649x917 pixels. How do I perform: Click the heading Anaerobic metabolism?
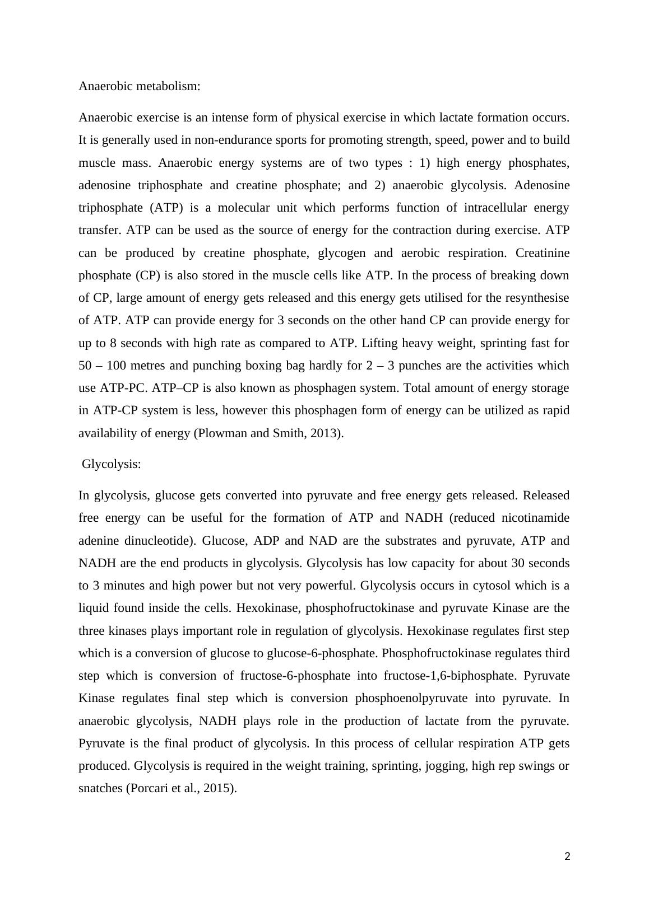click(x=139, y=86)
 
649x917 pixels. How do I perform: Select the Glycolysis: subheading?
click(x=111, y=464)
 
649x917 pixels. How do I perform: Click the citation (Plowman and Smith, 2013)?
click(x=268, y=433)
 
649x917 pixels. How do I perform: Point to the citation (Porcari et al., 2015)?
click(x=182, y=788)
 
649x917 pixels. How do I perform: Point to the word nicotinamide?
click(x=534, y=518)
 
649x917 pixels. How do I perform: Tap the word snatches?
click(x=101, y=788)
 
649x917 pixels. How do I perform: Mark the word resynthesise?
click(x=537, y=298)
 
